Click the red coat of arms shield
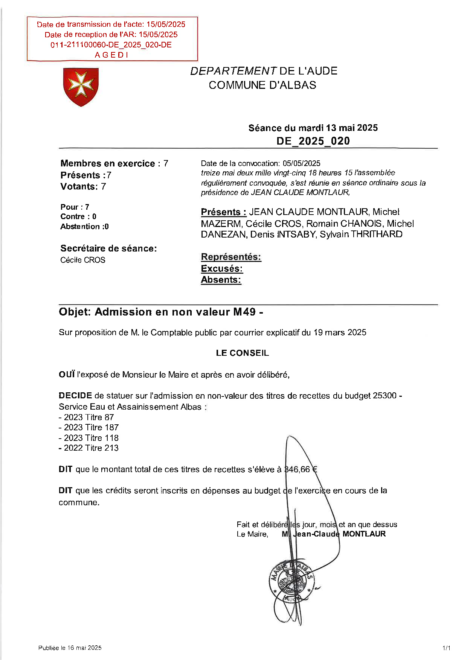click(x=81, y=87)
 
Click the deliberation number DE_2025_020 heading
click(x=313, y=141)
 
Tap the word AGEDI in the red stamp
click(x=111, y=55)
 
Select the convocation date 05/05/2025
click(x=301, y=163)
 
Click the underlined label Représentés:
click(x=231, y=257)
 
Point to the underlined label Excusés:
click(x=222, y=269)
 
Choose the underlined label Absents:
click(x=221, y=280)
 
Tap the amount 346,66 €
click(x=301, y=469)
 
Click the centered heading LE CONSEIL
click(x=242, y=353)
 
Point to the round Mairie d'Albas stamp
click(x=291, y=582)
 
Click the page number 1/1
click(x=446, y=648)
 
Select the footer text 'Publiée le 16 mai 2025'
click(x=70, y=648)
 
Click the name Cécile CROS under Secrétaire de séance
click(x=83, y=260)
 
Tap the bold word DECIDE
click(x=75, y=396)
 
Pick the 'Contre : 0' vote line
click(x=78, y=216)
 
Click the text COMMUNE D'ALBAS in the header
click(x=262, y=85)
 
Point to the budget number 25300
click(x=385, y=396)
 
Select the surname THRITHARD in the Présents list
click(x=377, y=234)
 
